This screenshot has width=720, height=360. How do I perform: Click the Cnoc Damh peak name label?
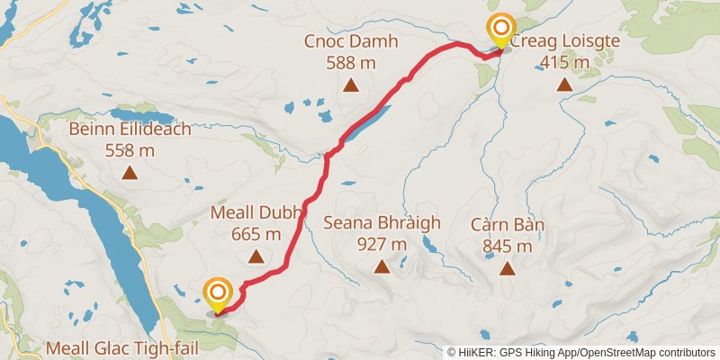tap(351, 42)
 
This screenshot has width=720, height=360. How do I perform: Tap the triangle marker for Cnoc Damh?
tap(351, 86)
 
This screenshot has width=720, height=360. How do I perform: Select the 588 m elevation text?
tap(351, 63)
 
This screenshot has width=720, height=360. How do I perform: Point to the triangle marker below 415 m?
tap(564, 85)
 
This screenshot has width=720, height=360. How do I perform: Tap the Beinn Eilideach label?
tap(130, 130)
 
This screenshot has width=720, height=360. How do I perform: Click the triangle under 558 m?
tap(130, 173)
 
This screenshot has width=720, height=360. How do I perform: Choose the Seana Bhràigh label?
tap(382, 223)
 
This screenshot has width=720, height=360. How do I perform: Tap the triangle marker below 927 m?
tap(382, 266)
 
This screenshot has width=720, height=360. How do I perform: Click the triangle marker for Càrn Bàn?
tap(508, 268)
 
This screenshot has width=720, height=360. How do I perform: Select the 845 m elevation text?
tap(508, 245)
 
